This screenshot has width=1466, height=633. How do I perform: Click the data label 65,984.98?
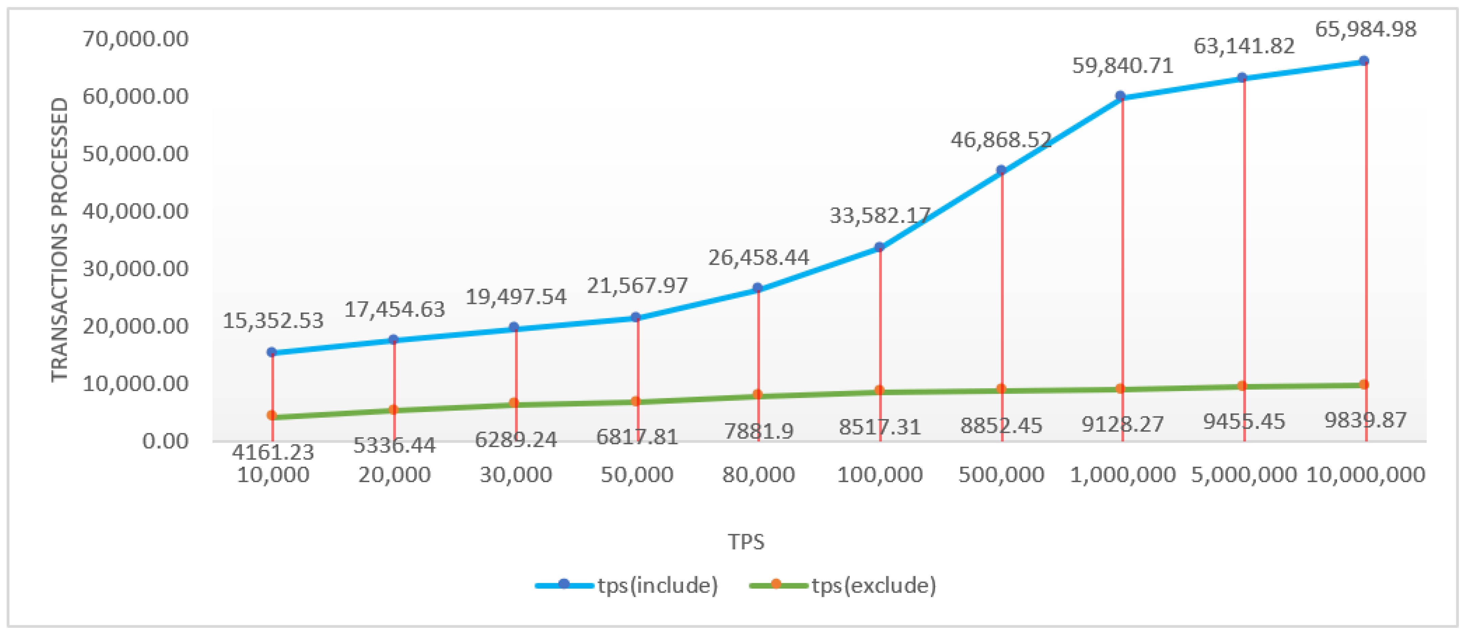(x=1365, y=29)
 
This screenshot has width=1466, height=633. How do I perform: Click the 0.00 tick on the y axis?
(x=165, y=441)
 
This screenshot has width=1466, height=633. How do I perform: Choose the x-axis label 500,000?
(x=1001, y=474)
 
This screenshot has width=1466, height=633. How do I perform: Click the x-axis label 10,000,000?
(x=1365, y=474)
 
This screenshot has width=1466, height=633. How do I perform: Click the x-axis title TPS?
(x=746, y=541)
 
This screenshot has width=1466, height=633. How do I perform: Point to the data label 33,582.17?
(x=880, y=215)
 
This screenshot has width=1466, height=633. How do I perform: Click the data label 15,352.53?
(x=273, y=321)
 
